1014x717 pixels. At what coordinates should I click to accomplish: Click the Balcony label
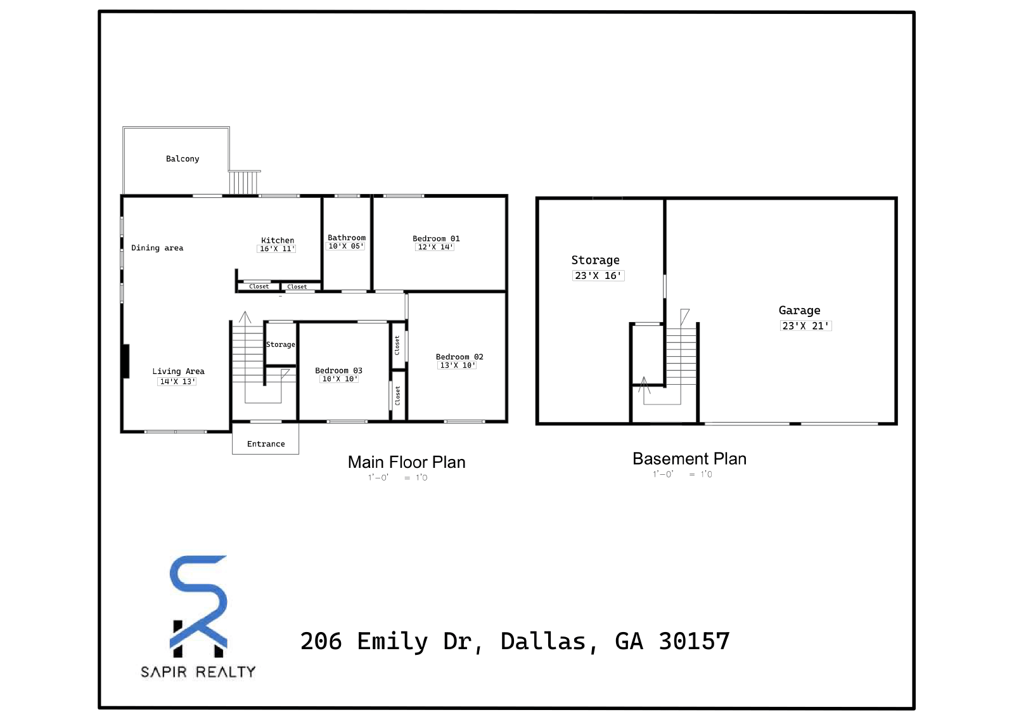183,159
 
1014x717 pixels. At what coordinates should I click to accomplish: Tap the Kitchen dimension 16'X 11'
276,249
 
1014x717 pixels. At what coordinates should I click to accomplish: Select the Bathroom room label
347,238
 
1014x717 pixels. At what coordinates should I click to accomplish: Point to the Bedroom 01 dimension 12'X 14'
435,247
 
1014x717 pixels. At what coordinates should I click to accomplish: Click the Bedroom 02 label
459,357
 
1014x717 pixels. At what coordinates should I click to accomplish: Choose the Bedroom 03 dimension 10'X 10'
340,378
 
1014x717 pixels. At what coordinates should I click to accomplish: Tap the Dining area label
157,248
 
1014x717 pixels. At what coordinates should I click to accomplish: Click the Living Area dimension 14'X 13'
177,382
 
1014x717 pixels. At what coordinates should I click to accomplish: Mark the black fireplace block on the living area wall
125,361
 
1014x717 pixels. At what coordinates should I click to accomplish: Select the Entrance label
266,444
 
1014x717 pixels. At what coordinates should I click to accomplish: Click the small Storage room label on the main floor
281,345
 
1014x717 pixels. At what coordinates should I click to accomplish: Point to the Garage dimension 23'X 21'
805,326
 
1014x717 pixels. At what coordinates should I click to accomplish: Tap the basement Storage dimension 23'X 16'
598,275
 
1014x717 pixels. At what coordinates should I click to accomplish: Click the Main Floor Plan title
406,462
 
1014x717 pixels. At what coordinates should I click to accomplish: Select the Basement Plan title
690,459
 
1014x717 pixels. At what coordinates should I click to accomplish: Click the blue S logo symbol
198,597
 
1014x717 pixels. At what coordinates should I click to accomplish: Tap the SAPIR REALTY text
198,672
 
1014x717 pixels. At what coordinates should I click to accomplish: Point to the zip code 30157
695,641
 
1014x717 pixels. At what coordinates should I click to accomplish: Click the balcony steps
243,183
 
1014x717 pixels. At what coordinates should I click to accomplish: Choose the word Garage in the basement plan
799,311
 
